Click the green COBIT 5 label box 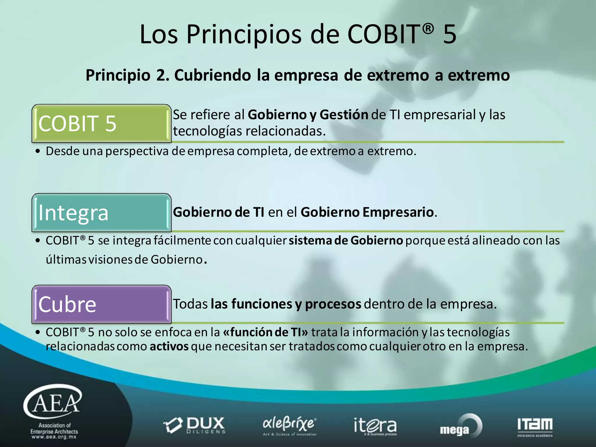coord(101,123)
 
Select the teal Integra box coord(101,212)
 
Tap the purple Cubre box coord(101,304)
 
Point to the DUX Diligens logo coord(195,425)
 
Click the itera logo coord(375,425)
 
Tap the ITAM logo coord(535,426)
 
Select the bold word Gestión coord(344,115)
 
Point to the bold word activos coord(169,346)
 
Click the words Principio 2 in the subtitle coord(127,75)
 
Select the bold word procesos coord(333,304)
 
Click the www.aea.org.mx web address coord(54,437)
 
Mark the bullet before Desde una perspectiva coord(37,151)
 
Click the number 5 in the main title coord(450,34)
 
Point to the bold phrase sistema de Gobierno coord(345,241)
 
